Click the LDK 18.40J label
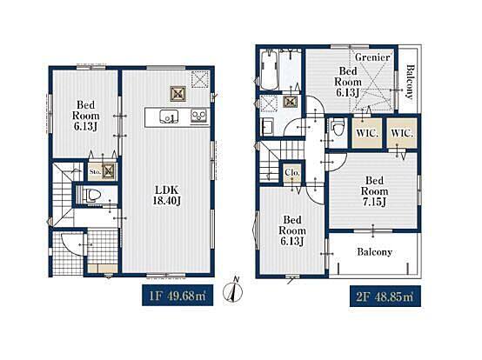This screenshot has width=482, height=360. pos(167,196)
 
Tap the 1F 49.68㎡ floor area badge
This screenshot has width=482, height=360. pos(177,296)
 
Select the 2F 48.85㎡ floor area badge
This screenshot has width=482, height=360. pos(385,297)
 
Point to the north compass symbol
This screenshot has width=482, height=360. pos(233,290)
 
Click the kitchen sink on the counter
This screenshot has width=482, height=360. pos(169,117)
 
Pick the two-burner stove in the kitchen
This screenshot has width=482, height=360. pos(199,117)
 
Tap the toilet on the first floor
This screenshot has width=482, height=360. pos(92,195)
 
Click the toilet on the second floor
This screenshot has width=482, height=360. pos(338,127)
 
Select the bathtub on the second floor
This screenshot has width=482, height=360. pos(270,70)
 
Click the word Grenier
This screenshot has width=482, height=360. pos(372,57)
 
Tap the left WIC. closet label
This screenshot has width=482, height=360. pos(367,134)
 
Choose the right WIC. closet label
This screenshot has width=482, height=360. pos(402,134)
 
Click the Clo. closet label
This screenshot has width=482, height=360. pos(291,173)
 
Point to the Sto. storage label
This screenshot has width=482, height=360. pos(95,171)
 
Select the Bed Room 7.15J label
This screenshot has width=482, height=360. pos(374,191)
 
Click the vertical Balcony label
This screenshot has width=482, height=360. pos(410,82)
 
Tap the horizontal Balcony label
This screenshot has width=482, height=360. pos(374,252)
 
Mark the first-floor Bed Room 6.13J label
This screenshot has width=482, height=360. pos(86,116)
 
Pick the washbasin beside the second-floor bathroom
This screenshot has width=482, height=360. pos(267,127)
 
